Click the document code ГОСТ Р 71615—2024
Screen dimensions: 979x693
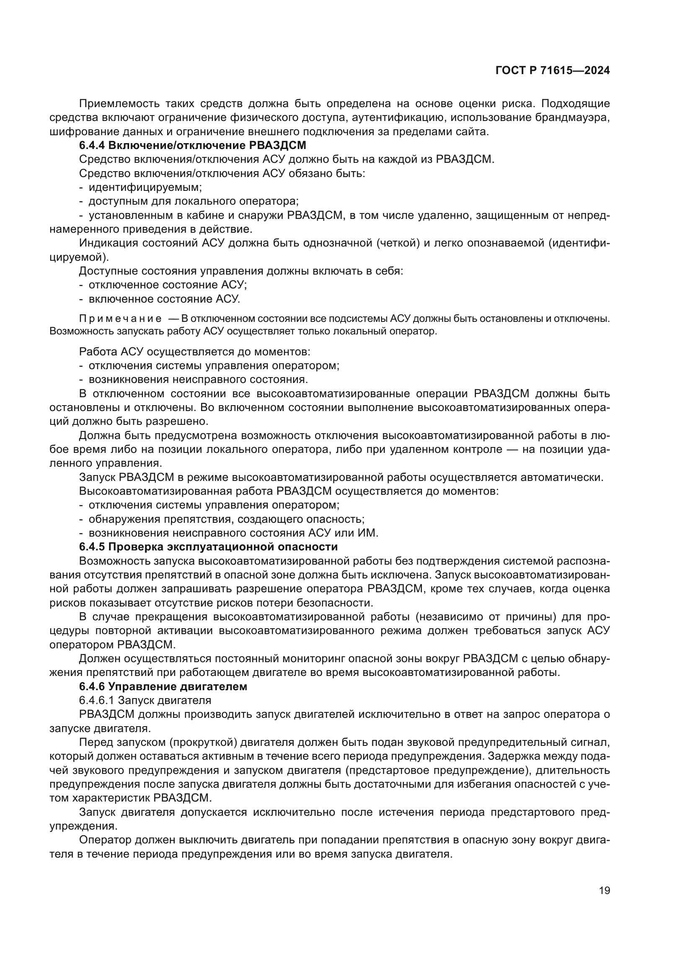[x=553, y=71]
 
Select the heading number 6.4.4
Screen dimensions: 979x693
[x=92, y=145]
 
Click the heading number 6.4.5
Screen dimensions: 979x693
[x=92, y=547]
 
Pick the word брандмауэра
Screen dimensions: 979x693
[x=572, y=117]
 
